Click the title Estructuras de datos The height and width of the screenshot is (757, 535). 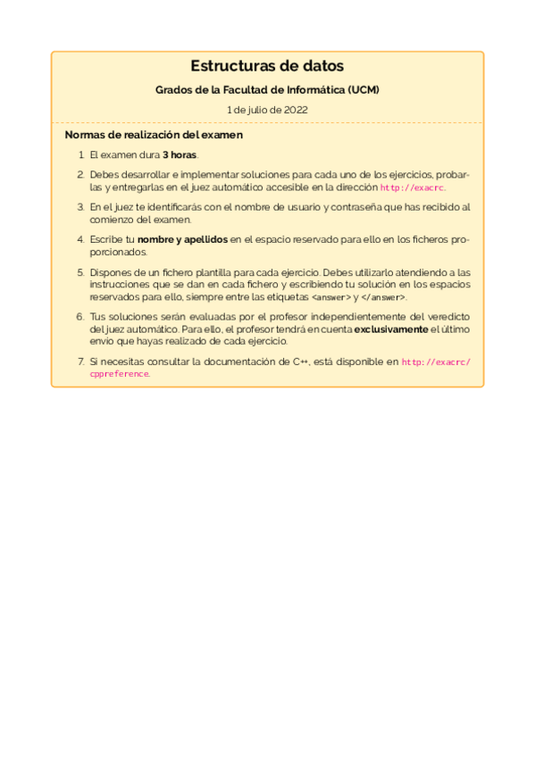pos(267,66)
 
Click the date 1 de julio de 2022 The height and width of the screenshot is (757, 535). pos(267,110)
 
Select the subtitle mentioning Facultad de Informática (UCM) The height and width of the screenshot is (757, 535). pos(267,90)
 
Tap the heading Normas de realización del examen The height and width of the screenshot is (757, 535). pos(154,135)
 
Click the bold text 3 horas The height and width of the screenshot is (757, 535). pos(180,154)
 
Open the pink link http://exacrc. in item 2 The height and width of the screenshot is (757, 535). pos(413,188)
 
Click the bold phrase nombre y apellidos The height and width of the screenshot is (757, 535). pos(183,239)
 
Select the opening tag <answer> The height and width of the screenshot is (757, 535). pos(330,297)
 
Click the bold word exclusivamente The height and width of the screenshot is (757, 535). pos(391,329)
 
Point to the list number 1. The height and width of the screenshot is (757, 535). pos(80,154)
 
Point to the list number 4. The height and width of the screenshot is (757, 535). pos(80,239)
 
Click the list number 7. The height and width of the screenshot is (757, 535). pos(80,362)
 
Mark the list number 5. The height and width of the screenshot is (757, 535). pos(80,271)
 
